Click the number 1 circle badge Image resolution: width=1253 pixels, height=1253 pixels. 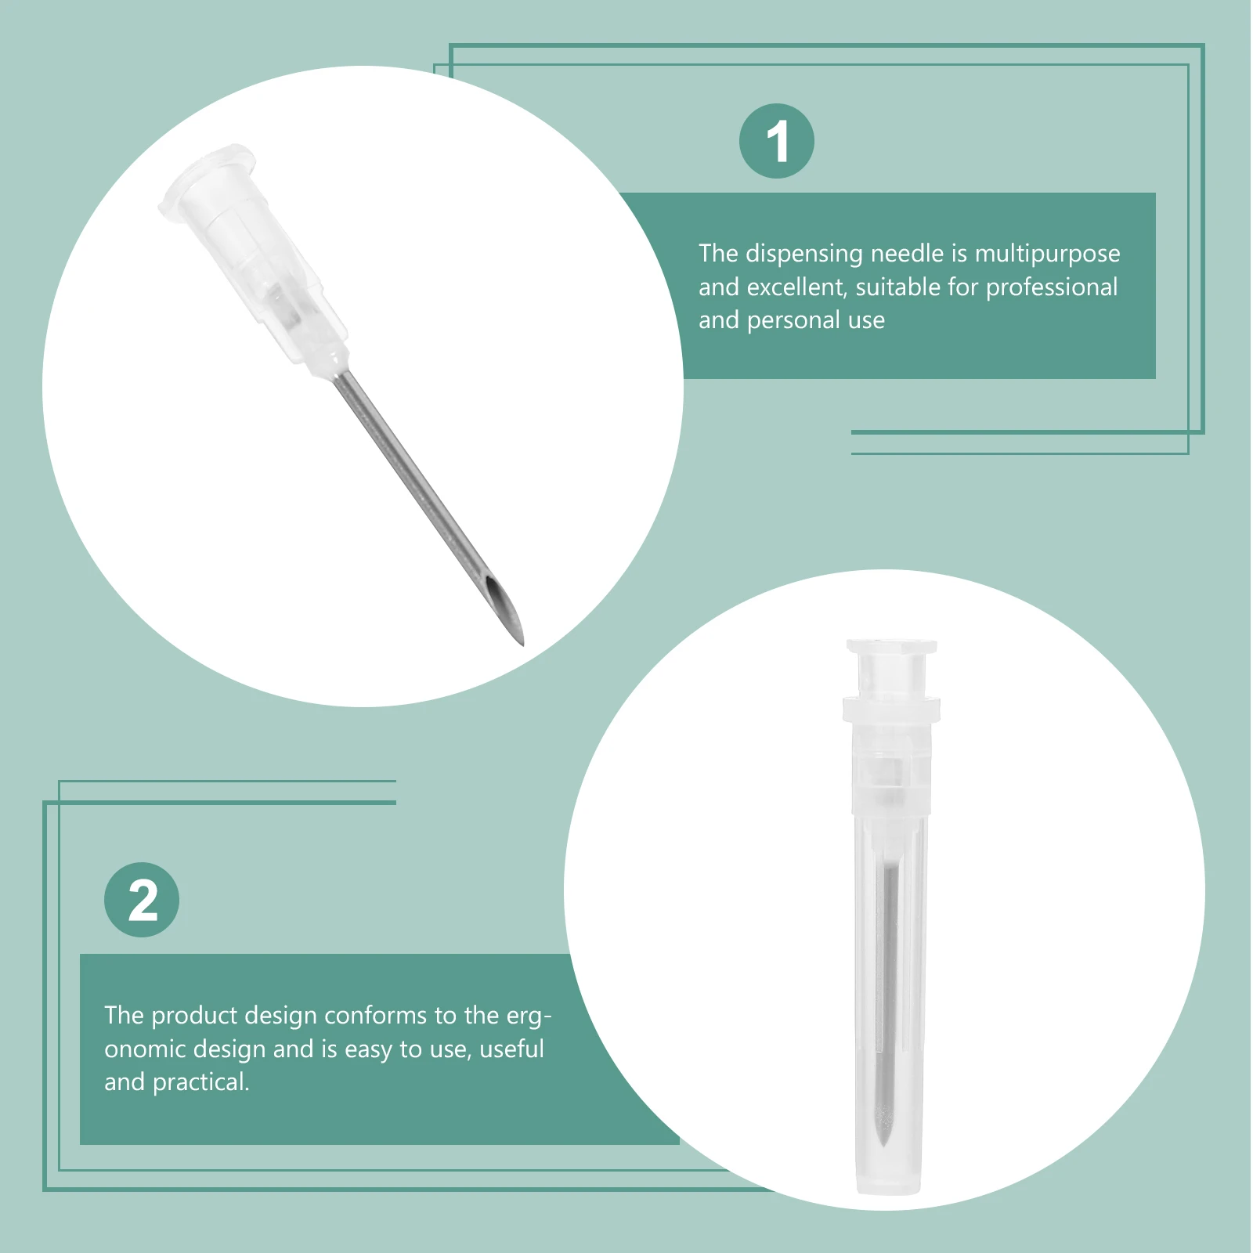click(x=776, y=141)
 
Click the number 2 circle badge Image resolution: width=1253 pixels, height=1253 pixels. click(x=142, y=900)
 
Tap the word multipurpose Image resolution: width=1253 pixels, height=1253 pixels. click(x=1047, y=254)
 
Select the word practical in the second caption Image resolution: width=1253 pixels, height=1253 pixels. click(x=200, y=1082)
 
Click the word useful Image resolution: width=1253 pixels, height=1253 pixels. click(x=511, y=1049)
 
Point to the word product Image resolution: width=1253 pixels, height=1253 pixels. click(x=193, y=1016)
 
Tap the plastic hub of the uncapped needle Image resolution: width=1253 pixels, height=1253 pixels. click(x=258, y=258)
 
